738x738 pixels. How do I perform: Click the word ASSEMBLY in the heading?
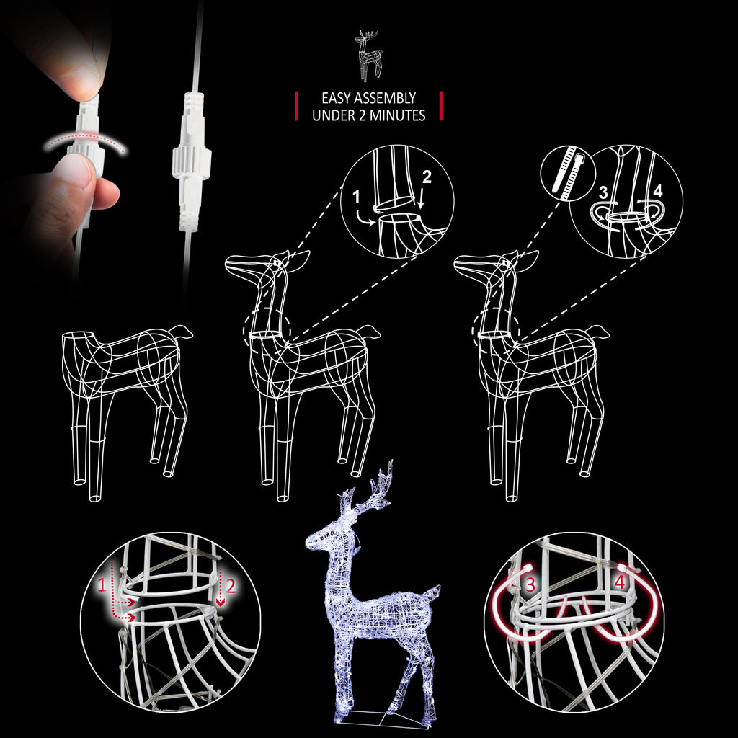(386, 98)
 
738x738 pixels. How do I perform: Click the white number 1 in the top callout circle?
(356, 196)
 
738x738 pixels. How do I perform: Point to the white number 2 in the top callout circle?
(427, 177)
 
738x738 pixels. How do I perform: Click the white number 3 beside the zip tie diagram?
(603, 192)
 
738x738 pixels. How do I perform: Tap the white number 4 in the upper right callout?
(657, 191)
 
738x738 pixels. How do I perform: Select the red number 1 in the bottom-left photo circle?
(102, 585)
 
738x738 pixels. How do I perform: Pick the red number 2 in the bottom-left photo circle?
(231, 586)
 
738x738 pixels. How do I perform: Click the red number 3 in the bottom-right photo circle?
(530, 584)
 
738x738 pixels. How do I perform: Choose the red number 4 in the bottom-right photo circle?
(619, 582)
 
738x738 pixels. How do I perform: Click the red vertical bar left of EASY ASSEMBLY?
(296, 106)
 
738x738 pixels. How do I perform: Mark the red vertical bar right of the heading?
(441, 106)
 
